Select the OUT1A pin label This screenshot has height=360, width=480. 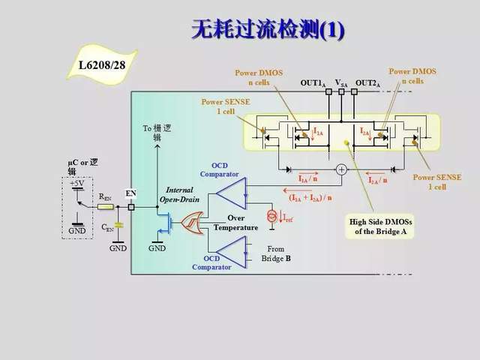[312, 83]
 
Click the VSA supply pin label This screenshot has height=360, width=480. [340, 83]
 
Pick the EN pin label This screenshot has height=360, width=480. [130, 193]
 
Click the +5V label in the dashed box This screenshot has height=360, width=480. [77, 184]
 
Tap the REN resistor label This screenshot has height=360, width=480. [106, 197]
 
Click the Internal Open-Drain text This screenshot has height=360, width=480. [179, 195]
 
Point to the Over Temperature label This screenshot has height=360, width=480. [235, 223]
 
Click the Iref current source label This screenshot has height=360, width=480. [289, 217]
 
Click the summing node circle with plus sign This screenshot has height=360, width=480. [341, 169]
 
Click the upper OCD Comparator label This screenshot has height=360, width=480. [224, 169]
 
